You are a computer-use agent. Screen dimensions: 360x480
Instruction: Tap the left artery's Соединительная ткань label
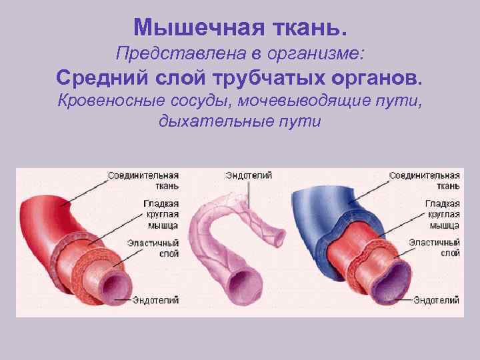[143, 180]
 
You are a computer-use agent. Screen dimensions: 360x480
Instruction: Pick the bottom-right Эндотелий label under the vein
[437, 301]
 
